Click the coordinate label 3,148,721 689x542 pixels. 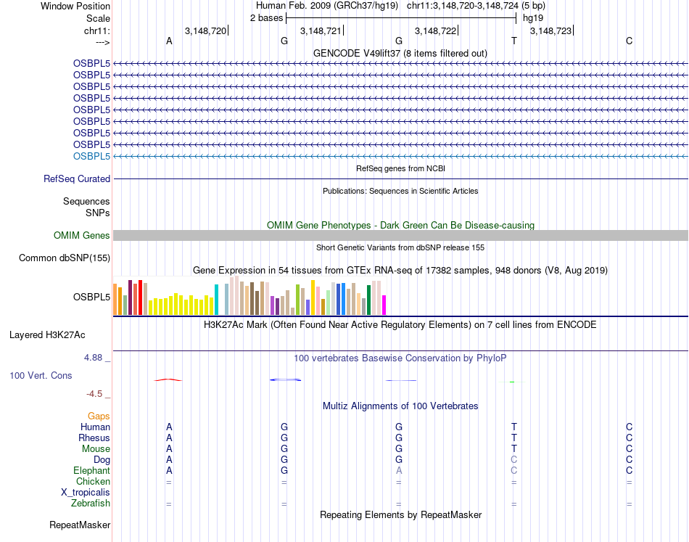[x=320, y=30]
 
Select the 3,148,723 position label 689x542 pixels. [x=550, y=30]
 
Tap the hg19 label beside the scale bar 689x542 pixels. [x=533, y=17]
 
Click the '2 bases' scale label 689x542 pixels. [x=266, y=17]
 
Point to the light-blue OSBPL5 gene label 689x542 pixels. [x=91, y=156]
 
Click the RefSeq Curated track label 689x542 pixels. [x=77, y=178]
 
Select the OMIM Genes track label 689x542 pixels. [x=82, y=235]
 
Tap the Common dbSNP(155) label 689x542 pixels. [x=65, y=258]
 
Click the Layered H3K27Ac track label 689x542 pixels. [x=47, y=335]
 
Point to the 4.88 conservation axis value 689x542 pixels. [x=94, y=358]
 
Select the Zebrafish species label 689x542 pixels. [x=91, y=503]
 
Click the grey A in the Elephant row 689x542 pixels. [x=399, y=470]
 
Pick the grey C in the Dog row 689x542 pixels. [x=513, y=459]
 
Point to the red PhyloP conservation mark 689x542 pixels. [x=168, y=379]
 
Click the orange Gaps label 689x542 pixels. [x=99, y=416]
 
